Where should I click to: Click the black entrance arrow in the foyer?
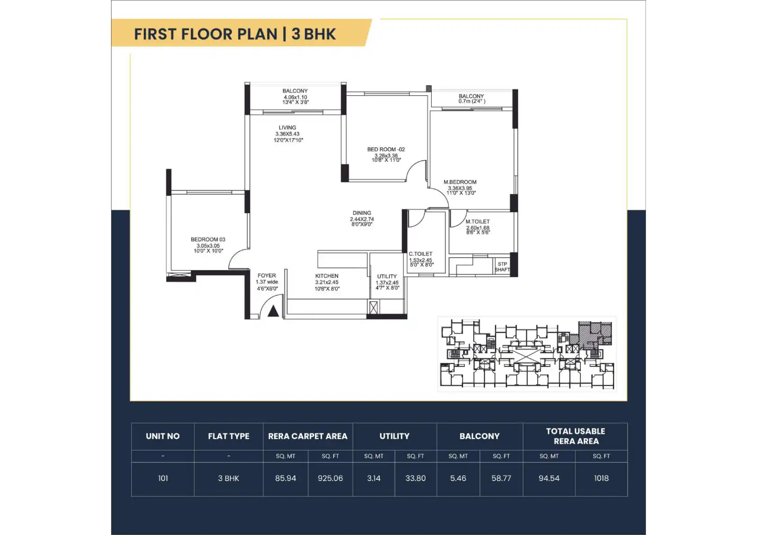click(x=273, y=312)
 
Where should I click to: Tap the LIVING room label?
click(x=287, y=128)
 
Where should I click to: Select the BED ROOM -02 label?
click(x=386, y=149)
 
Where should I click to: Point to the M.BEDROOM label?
click(x=460, y=182)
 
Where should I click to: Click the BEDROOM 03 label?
click(x=208, y=240)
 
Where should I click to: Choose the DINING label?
click(x=361, y=213)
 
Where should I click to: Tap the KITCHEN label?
click(x=327, y=276)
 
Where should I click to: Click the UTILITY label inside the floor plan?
click(x=387, y=276)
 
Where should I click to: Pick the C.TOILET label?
click(x=420, y=254)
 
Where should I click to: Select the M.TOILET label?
click(x=477, y=222)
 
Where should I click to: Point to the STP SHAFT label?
click(x=502, y=267)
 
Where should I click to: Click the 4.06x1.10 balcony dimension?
click(x=295, y=98)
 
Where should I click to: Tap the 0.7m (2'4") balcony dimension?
click(x=472, y=101)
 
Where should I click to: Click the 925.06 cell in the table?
click(x=330, y=478)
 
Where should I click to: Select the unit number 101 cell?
click(x=163, y=478)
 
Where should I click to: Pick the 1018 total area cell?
click(x=601, y=478)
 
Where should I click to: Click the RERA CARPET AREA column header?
click(x=307, y=436)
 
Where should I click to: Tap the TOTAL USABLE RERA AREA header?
click(x=575, y=436)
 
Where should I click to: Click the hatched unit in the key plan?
click(x=595, y=334)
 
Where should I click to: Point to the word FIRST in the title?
click(x=155, y=34)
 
